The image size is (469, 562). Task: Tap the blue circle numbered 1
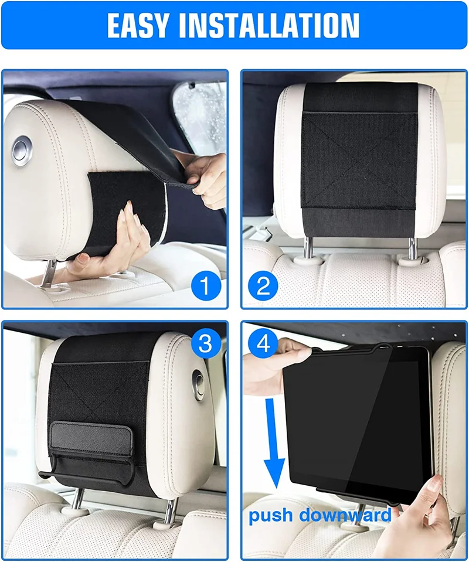[x=205, y=286]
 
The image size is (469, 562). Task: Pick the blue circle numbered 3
[x=205, y=343]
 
